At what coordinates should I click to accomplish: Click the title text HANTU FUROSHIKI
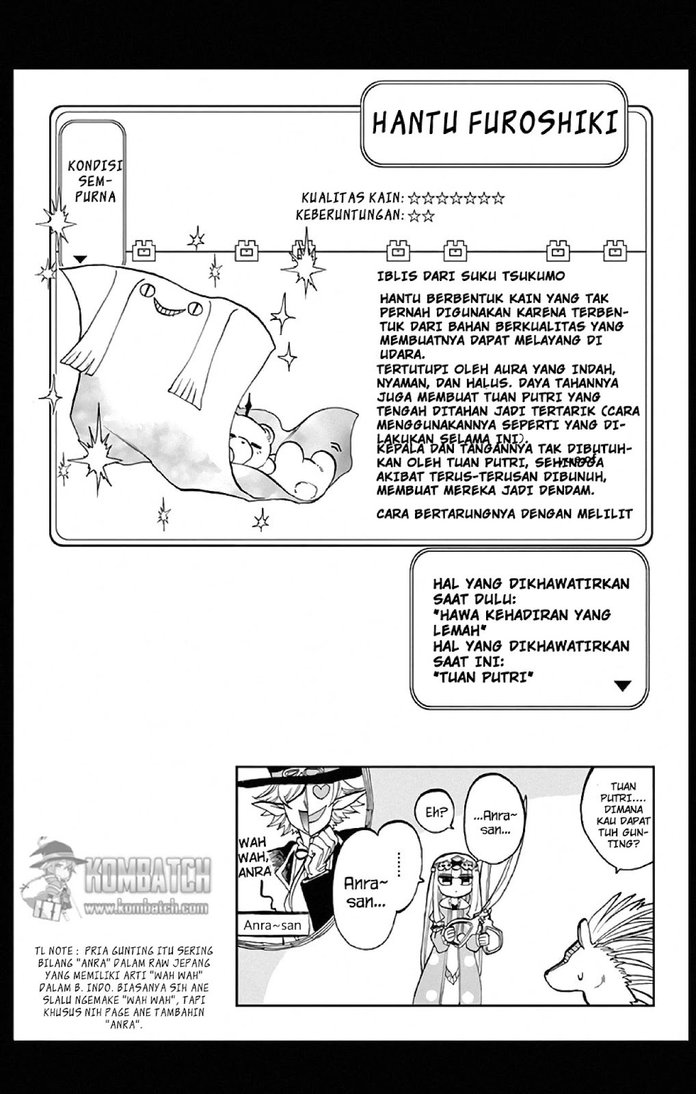pyautogui.click(x=496, y=124)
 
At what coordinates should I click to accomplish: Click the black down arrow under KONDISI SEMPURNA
pyautogui.click(x=81, y=259)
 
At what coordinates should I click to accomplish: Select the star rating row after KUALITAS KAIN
pyautogui.click(x=456, y=199)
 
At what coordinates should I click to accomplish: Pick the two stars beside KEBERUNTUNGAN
pyautogui.click(x=421, y=216)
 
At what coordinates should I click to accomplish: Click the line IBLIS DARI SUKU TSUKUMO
pyautogui.click(x=471, y=276)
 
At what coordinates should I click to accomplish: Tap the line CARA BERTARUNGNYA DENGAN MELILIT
pyautogui.click(x=505, y=513)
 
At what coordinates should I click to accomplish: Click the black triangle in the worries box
pyautogui.click(x=622, y=685)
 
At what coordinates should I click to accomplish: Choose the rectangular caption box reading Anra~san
pyautogui.click(x=272, y=925)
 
